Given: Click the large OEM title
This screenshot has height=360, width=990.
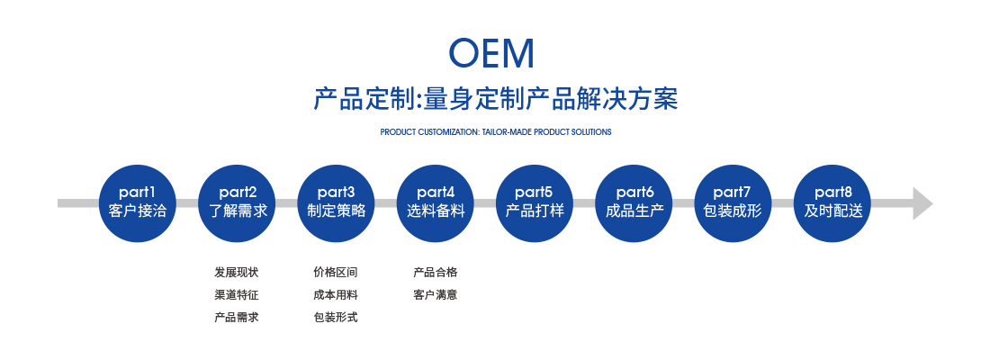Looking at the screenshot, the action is pyautogui.click(x=491, y=53).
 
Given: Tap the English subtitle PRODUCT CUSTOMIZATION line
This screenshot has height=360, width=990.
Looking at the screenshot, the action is pyautogui.click(x=496, y=132).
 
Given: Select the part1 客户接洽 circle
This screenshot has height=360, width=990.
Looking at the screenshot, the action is pyautogui.click(x=137, y=202).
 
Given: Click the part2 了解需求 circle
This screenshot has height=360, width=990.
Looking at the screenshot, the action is pyautogui.click(x=238, y=202).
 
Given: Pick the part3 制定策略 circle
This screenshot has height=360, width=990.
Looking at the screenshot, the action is pyautogui.click(x=336, y=202).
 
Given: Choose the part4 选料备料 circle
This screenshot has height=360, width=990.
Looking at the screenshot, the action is pyautogui.click(x=436, y=202).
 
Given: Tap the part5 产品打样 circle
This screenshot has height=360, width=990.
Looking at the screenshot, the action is pyautogui.click(x=534, y=202).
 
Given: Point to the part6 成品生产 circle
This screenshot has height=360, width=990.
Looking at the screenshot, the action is pyautogui.click(x=634, y=202).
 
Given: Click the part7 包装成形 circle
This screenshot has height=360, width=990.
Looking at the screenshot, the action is pyautogui.click(x=733, y=202).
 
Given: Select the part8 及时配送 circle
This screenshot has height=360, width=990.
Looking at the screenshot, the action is pyautogui.click(x=832, y=202).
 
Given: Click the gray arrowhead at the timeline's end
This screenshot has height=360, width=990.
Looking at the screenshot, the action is pyautogui.click(x=922, y=203).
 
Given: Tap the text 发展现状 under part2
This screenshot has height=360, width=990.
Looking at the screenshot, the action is pyautogui.click(x=237, y=273).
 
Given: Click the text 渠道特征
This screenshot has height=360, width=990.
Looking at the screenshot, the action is pyautogui.click(x=237, y=295).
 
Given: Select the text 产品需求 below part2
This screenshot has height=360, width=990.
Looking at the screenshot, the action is pyautogui.click(x=237, y=317).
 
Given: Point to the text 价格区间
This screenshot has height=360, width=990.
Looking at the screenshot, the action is pyautogui.click(x=336, y=273).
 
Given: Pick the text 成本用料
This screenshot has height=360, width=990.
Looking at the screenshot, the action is pyautogui.click(x=336, y=295).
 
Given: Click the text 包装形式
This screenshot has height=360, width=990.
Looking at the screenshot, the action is pyautogui.click(x=336, y=317).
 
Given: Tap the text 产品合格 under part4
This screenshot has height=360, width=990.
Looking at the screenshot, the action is pyautogui.click(x=435, y=273).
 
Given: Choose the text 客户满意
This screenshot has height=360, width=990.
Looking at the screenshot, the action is pyautogui.click(x=435, y=295).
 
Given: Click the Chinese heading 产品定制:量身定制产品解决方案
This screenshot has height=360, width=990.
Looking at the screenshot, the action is pyautogui.click(x=496, y=100).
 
